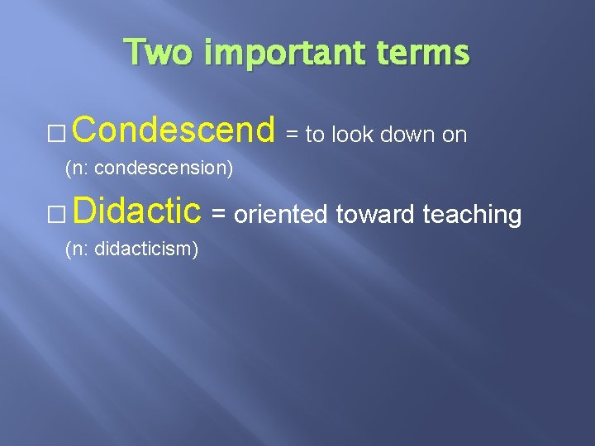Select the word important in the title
pyautogui.click(x=271, y=53)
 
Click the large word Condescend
pyautogui.click(x=178, y=130)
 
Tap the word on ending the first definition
pyautogui.click(x=455, y=135)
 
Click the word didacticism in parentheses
pyautogui.click(x=146, y=249)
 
